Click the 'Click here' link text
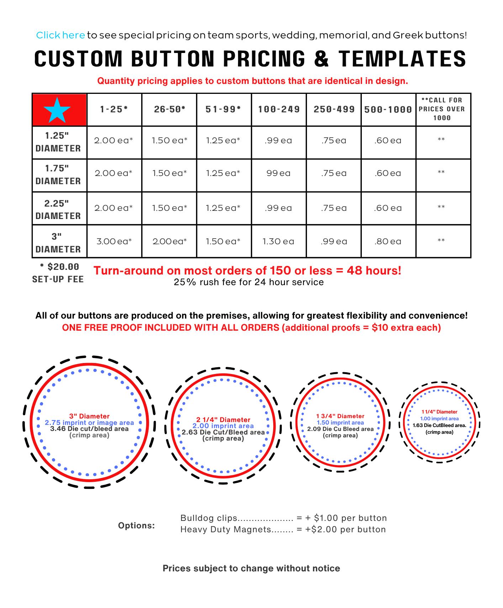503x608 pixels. pyautogui.click(x=60, y=35)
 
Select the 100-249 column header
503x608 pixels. pyautogui.click(x=279, y=110)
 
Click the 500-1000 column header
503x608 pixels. pyautogui.click(x=388, y=110)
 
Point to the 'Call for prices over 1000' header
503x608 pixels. pyautogui.click(x=442, y=109)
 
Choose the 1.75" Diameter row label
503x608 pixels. pyautogui.click(x=58, y=175)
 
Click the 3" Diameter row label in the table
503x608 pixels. pyautogui.click(x=58, y=243)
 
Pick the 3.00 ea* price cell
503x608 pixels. pyautogui.click(x=114, y=241)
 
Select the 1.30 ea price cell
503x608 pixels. pyautogui.click(x=278, y=241)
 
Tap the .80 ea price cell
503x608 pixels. pyautogui.click(x=388, y=241)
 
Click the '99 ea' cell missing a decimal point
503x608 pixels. pyautogui.click(x=278, y=173)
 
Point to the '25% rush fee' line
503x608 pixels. pyautogui.click(x=249, y=282)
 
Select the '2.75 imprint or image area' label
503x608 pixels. pyautogui.click(x=89, y=423)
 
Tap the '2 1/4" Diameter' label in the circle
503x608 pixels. pyautogui.click(x=223, y=420)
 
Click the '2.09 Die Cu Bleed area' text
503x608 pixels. pyautogui.click(x=340, y=429)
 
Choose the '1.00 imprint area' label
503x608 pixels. pyautogui.click(x=439, y=419)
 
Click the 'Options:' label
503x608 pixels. pyautogui.click(x=136, y=526)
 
